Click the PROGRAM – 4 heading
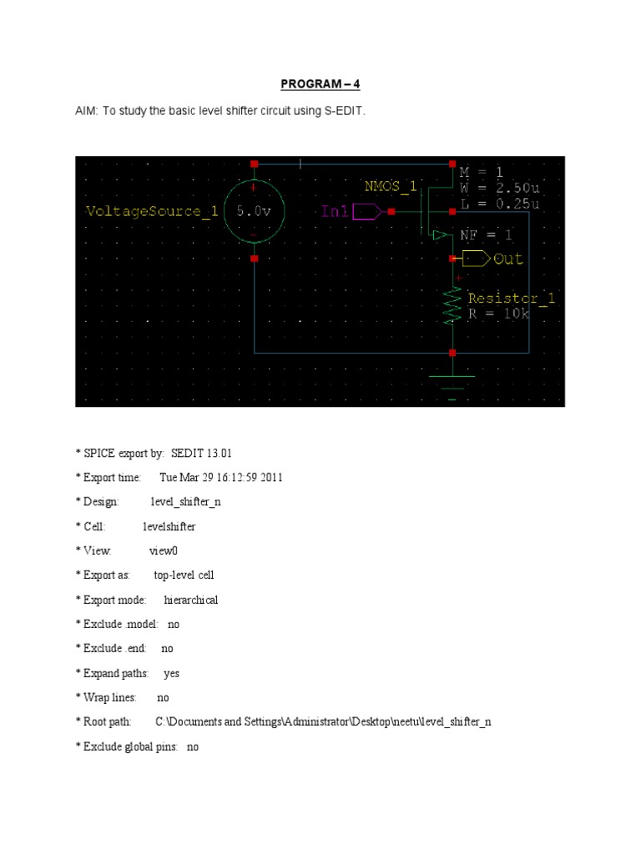point(320,84)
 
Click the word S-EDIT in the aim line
point(343,110)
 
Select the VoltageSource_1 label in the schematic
point(152,212)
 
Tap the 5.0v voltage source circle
point(254,212)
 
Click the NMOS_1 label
point(390,186)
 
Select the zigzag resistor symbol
point(452,305)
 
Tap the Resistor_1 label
point(511,298)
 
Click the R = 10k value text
point(499,314)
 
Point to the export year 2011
point(271,477)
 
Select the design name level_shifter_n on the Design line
point(185,502)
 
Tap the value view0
point(164,550)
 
